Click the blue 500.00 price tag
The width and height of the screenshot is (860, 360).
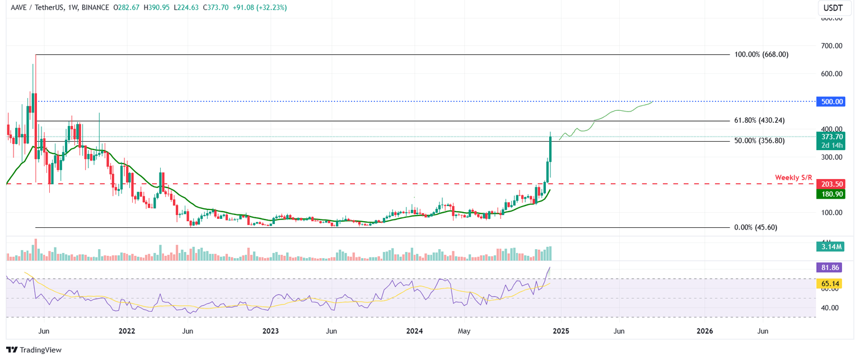[x=832, y=102]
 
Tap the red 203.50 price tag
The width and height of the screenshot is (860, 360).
[x=832, y=184]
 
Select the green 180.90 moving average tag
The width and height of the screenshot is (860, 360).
[x=832, y=194]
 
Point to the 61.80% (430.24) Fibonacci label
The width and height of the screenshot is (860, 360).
[x=759, y=121]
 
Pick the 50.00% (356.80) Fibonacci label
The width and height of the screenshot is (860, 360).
[x=759, y=141]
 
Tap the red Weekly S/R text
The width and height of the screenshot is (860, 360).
[x=793, y=177]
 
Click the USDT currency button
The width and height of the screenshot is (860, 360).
[x=831, y=8]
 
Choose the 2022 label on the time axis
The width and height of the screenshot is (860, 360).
[x=127, y=331]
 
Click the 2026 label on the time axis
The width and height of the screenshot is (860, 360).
[x=704, y=331]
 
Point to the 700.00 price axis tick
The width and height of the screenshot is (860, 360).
[x=831, y=45]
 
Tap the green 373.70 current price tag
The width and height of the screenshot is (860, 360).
[x=832, y=137]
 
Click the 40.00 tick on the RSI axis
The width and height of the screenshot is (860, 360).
[x=830, y=308]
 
